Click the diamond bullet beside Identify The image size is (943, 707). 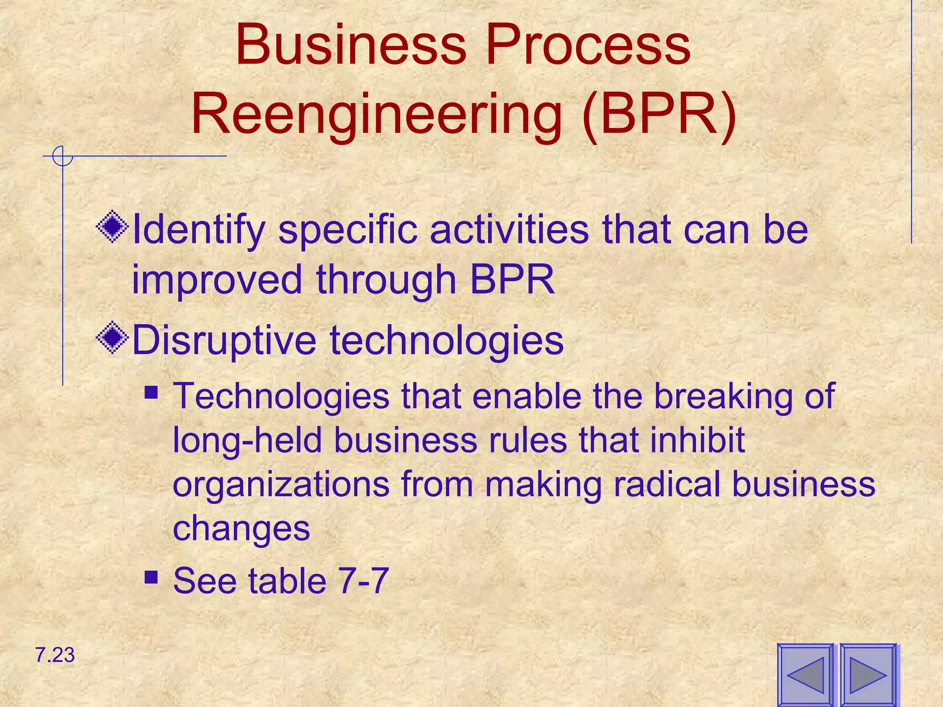point(112,226)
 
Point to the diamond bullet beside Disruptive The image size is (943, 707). point(112,338)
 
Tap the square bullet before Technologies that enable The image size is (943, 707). point(151,393)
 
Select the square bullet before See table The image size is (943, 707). point(151,577)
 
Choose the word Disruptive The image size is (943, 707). point(224,341)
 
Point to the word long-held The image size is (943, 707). point(247,440)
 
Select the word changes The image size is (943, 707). point(241,529)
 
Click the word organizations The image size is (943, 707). point(281,485)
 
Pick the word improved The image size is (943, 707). point(217,280)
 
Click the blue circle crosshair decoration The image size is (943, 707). point(62,156)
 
